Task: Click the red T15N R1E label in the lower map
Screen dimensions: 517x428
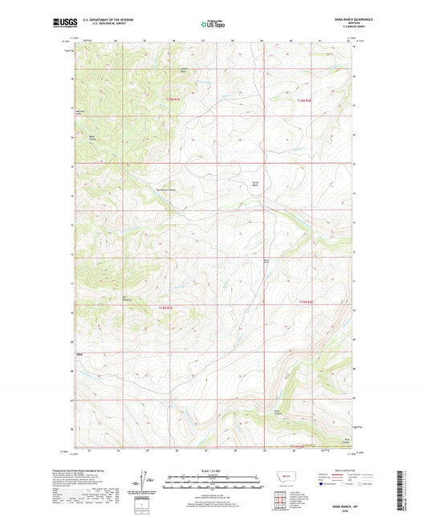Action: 165,306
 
